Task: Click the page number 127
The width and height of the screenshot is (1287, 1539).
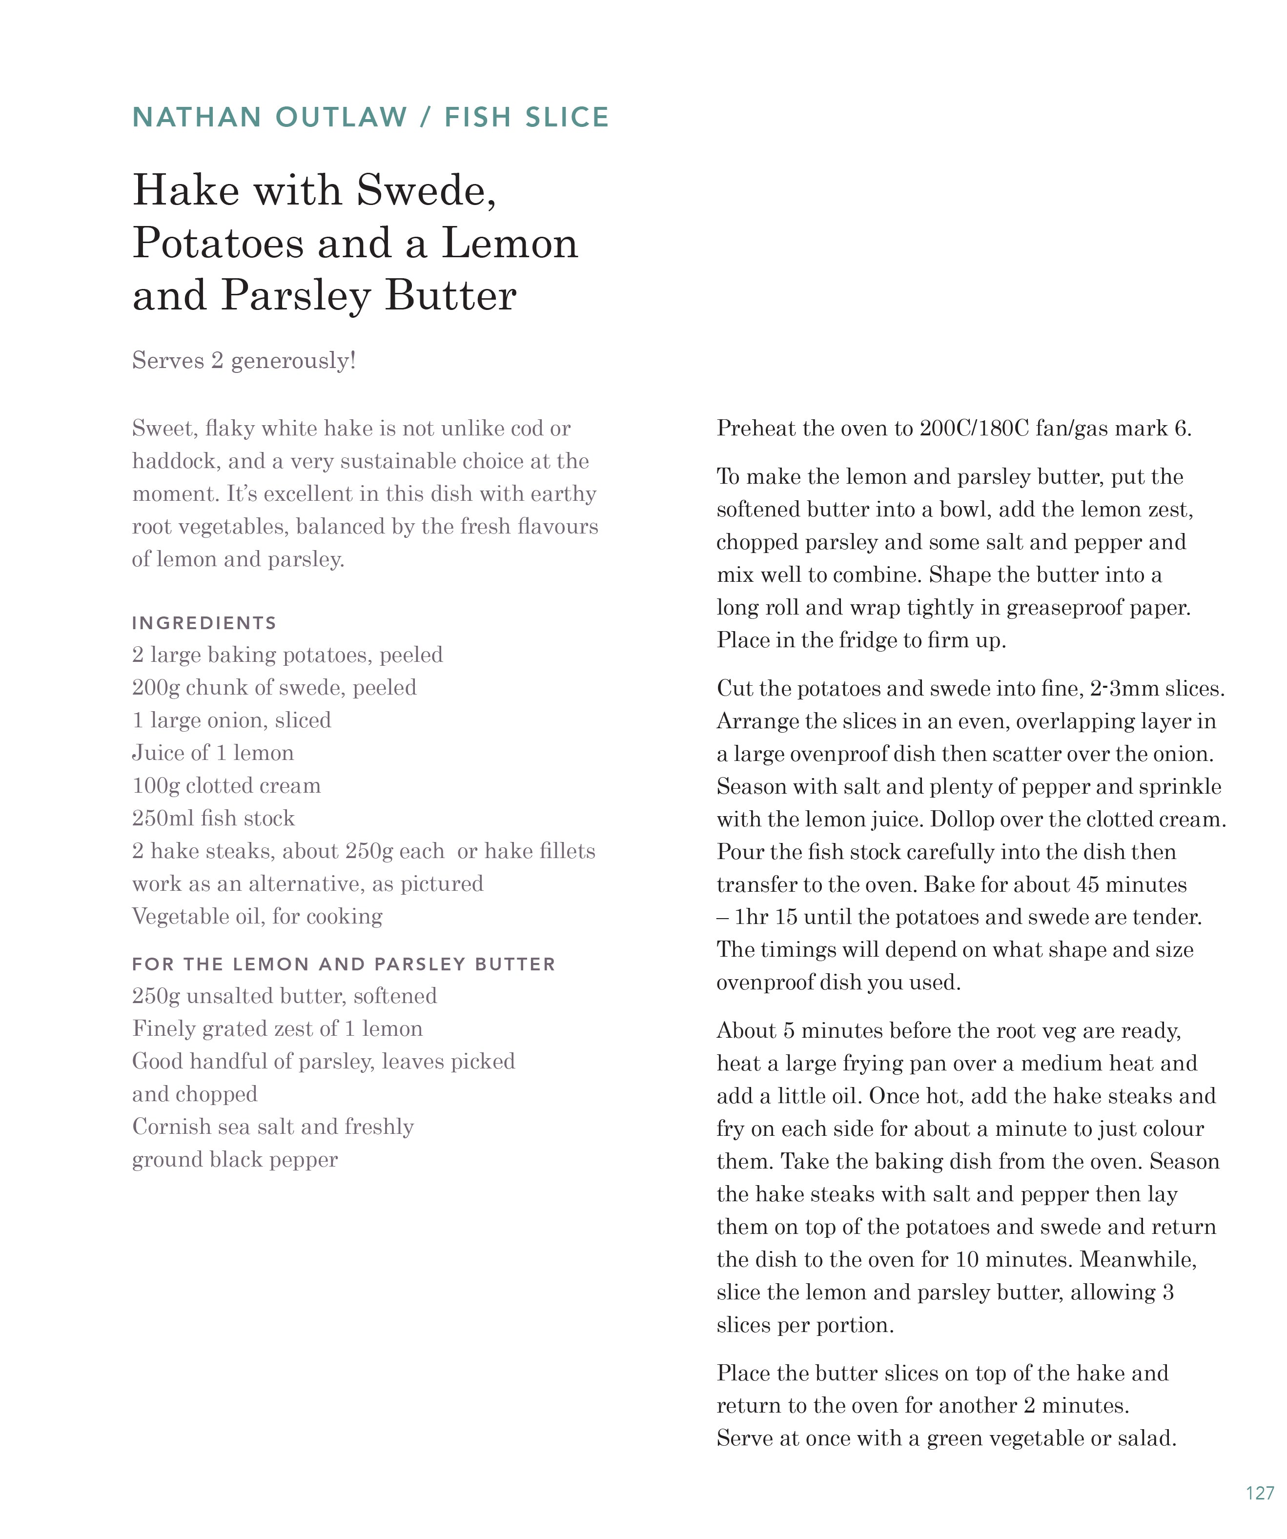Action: coord(1259,1493)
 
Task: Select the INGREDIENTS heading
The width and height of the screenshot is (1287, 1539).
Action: coord(204,623)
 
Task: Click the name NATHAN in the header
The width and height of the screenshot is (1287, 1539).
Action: coord(196,117)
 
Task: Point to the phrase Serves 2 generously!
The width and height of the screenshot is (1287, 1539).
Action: coord(244,361)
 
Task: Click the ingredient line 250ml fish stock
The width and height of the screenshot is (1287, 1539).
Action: coord(213,818)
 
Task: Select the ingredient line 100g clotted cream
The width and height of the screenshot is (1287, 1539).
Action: coord(226,786)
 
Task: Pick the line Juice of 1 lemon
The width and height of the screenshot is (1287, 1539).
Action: coord(212,753)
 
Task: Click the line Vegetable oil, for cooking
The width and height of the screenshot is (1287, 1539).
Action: coord(257,916)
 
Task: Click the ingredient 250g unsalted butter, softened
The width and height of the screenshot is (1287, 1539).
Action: coord(285,996)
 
